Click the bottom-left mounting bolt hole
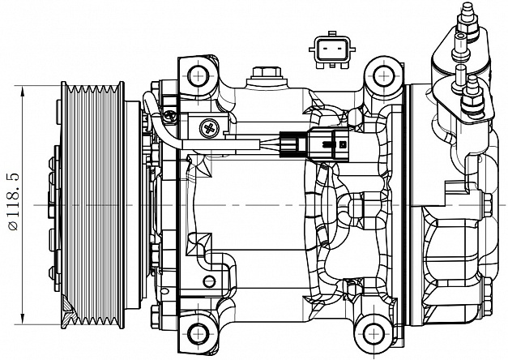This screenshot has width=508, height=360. click(x=197, y=332)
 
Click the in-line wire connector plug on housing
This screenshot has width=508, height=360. click(x=316, y=146)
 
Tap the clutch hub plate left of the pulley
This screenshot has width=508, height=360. click(x=53, y=203)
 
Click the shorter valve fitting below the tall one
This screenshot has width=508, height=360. click(x=468, y=91)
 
